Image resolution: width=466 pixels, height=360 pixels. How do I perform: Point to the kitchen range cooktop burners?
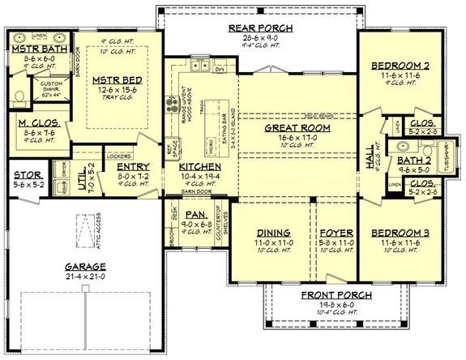172,104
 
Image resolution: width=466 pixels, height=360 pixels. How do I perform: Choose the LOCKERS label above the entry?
118,152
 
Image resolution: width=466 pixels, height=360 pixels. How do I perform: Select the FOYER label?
329,231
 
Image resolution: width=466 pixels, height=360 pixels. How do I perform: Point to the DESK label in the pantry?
174,215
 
